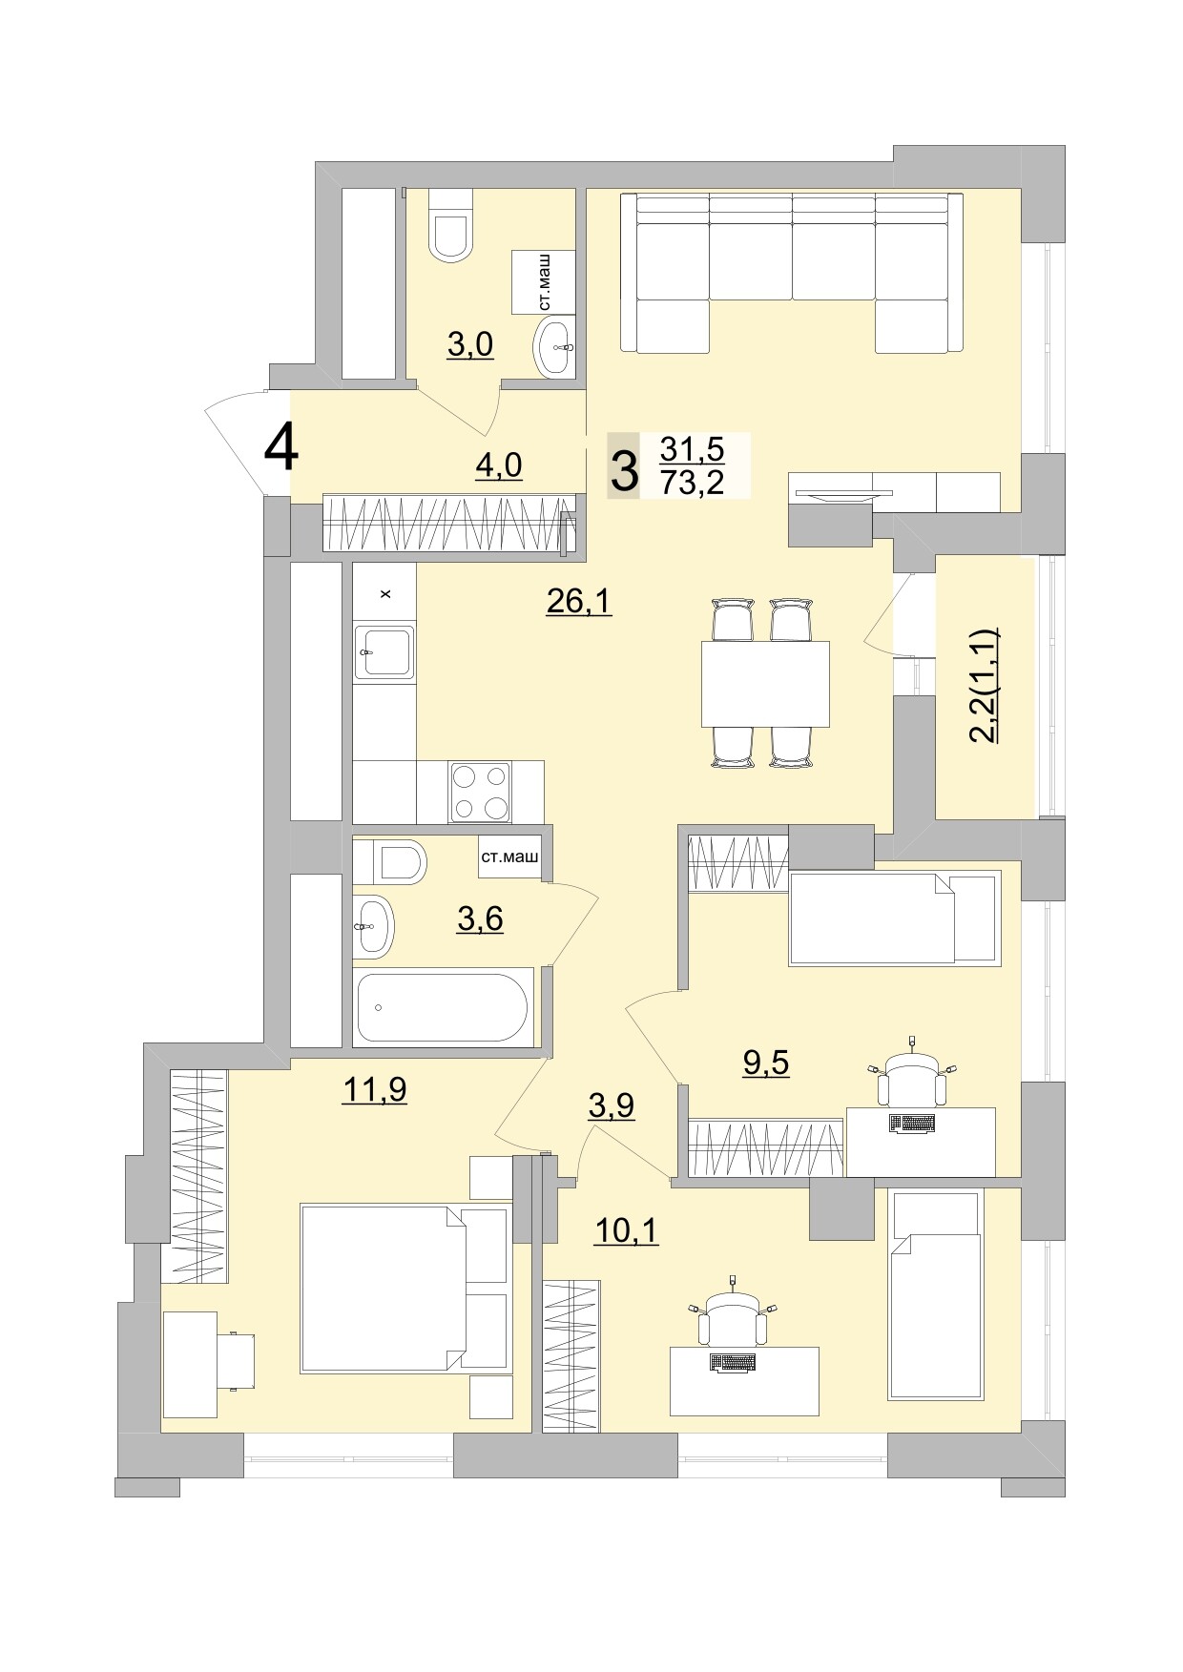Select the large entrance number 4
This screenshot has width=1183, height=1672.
(280, 448)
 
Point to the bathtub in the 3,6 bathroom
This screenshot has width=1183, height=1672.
(442, 1007)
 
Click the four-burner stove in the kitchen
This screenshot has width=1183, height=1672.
(480, 792)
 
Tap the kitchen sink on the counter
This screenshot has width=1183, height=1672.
(384, 651)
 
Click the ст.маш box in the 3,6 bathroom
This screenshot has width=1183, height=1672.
(509, 857)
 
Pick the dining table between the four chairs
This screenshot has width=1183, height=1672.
(764, 684)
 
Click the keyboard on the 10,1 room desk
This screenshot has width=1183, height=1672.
(733, 1363)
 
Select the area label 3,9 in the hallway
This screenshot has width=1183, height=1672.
(612, 1105)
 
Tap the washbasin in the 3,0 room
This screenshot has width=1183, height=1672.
(554, 348)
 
